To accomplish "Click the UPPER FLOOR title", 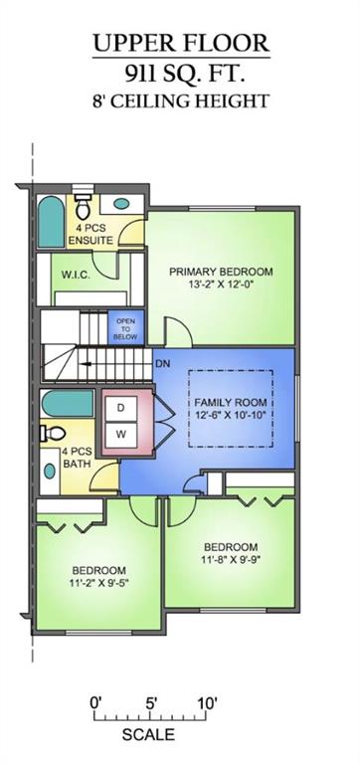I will pos(180,42).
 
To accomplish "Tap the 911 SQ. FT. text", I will pos(180,72).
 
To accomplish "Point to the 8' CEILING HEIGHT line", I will pos(180,100).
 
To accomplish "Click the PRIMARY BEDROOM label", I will pos(220,271).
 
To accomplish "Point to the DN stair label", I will pos(162,363).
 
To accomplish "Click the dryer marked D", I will pos(121,408).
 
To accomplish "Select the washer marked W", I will pos(121,434).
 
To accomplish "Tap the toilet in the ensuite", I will pos(84,208).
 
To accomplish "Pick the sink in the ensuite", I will pos(120,204).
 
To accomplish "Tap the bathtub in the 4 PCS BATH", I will pos(67,404).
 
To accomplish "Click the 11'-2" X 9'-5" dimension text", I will pos(97,584).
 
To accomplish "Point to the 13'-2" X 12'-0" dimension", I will pos(220,286).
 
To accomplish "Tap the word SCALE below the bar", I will pos(147,735).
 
